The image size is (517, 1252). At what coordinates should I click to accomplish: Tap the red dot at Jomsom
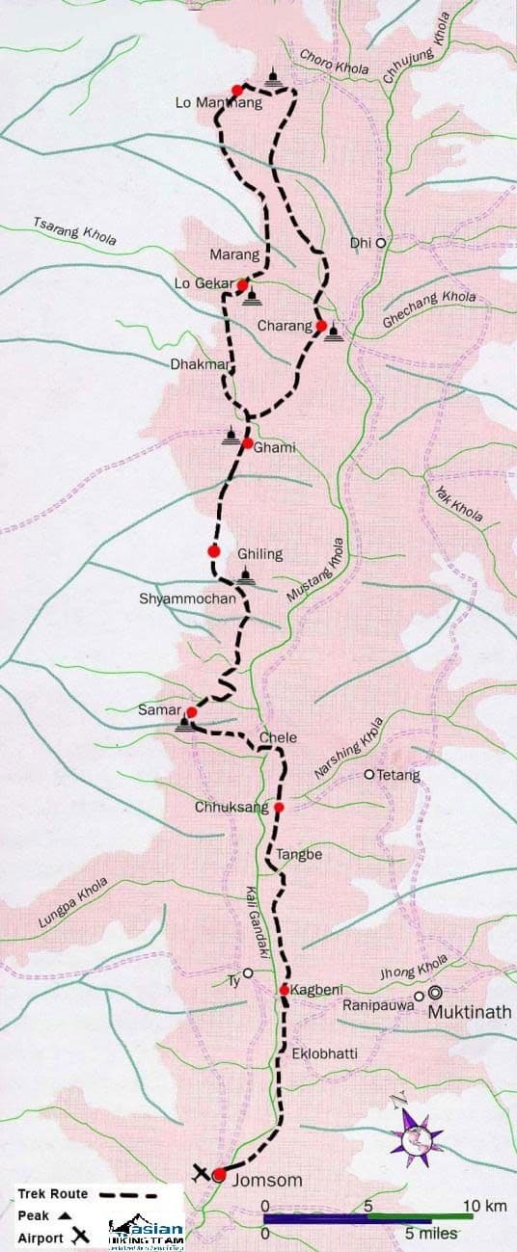coord(219,1174)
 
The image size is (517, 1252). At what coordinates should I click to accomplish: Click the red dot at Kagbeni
coord(285,990)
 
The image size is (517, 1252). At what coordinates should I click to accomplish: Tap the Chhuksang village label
coord(231,808)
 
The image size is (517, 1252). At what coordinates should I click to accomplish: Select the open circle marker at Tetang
coord(368,774)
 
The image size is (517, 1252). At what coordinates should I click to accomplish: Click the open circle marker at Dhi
coord(381,243)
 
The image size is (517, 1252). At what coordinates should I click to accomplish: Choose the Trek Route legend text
coord(52,1193)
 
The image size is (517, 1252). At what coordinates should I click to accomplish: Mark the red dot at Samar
coord(191,712)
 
